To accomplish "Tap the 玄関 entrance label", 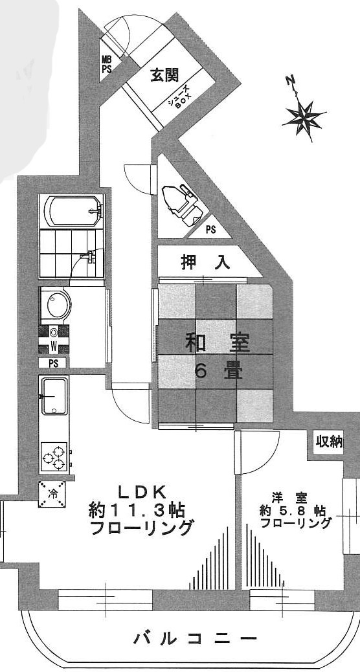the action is click(164, 76).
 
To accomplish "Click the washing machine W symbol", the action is click(54, 339).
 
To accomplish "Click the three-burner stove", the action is click(54, 457).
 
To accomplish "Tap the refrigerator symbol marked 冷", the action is click(52, 494).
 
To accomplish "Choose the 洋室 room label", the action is click(289, 498).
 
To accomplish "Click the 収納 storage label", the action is click(330, 441).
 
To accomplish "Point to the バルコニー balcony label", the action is click(196, 639).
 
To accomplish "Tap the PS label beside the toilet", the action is click(210, 229).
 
